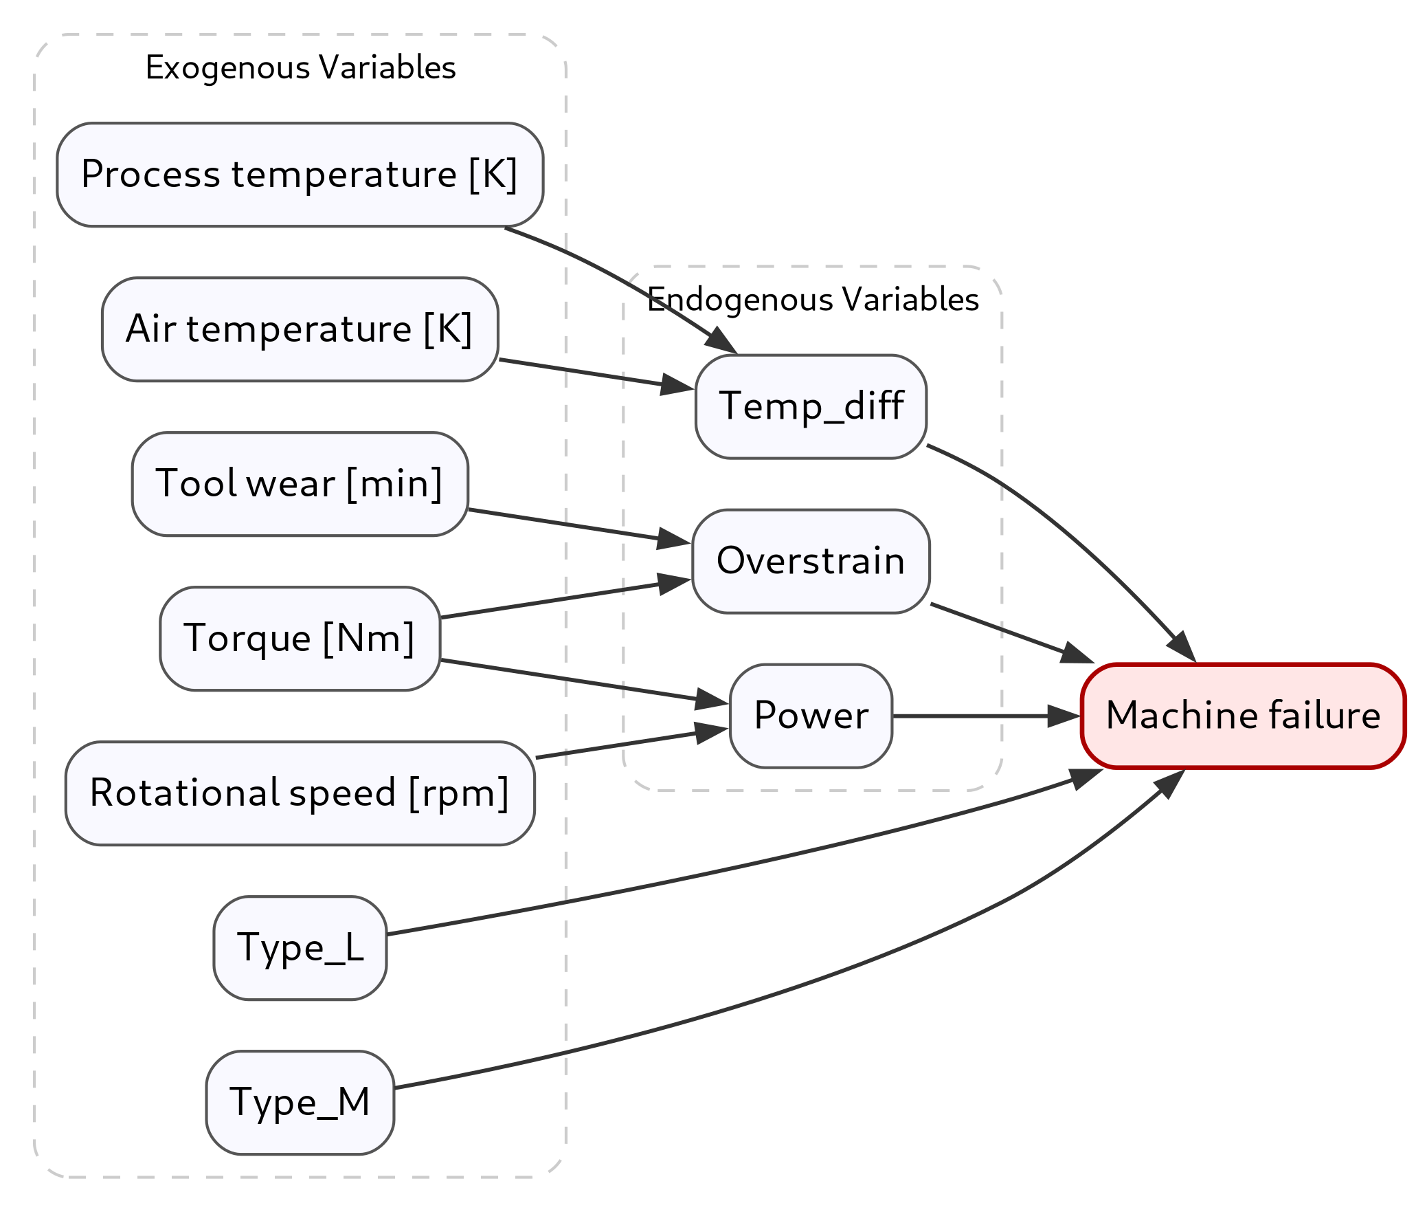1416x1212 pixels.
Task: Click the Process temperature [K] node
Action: coord(300,175)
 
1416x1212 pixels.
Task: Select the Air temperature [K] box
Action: coord(300,329)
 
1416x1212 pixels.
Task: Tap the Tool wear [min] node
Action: coord(300,484)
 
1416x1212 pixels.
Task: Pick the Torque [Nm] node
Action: coord(300,639)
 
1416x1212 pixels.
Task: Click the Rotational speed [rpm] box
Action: coord(300,793)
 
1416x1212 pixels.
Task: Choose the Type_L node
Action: coord(300,948)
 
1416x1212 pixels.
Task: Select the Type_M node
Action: coord(300,1103)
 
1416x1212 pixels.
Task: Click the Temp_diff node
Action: coord(811,406)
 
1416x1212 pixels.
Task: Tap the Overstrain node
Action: coord(811,561)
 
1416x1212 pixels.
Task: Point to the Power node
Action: coord(811,716)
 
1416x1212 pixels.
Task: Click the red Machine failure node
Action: coord(1242,716)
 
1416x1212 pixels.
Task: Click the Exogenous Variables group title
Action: coord(300,68)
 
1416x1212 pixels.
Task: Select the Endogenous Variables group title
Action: coord(813,300)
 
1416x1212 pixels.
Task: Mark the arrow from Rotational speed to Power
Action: coord(618,745)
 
